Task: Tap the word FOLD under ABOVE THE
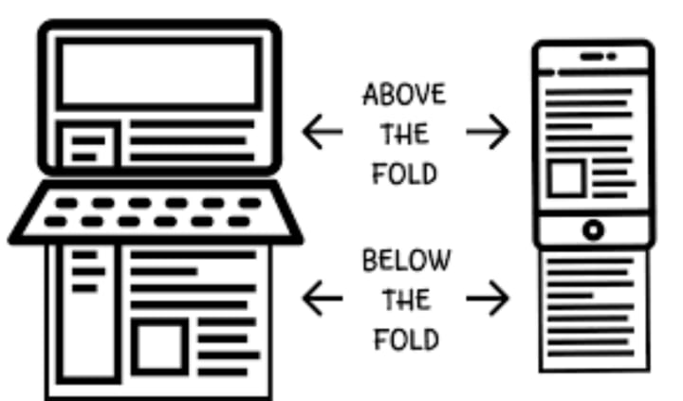(x=404, y=174)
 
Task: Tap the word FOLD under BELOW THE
(x=404, y=338)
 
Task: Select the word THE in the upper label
(x=404, y=135)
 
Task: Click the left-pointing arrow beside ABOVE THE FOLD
(x=322, y=134)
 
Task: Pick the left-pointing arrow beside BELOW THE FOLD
(x=322, y=299)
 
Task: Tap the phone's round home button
(x=593, y=229)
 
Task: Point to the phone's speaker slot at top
(x=592, y=57)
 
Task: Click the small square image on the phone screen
(x=566, y=177)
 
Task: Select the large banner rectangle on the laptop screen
(x=157, y=73)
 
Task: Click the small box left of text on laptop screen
(x=88, y=145)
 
